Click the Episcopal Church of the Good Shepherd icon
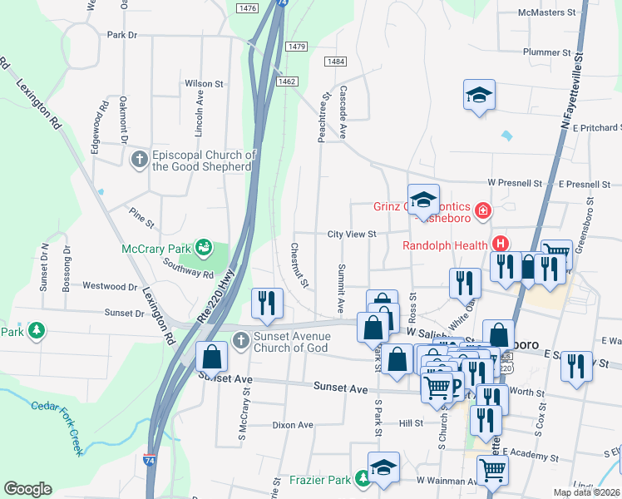139,158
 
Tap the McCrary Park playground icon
202,247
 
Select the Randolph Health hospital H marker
501,244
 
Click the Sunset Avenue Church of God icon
240,339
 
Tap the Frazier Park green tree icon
363,479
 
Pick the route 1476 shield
247,7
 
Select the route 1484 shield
336,62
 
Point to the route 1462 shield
288,81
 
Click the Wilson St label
205,83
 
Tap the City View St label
352,235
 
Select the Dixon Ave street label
293,425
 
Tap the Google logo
27,489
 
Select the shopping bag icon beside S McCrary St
212,356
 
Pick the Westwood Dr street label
108,286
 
